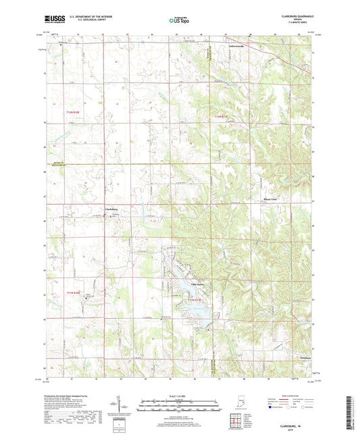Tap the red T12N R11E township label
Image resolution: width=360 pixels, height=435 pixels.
coord(222,117)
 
